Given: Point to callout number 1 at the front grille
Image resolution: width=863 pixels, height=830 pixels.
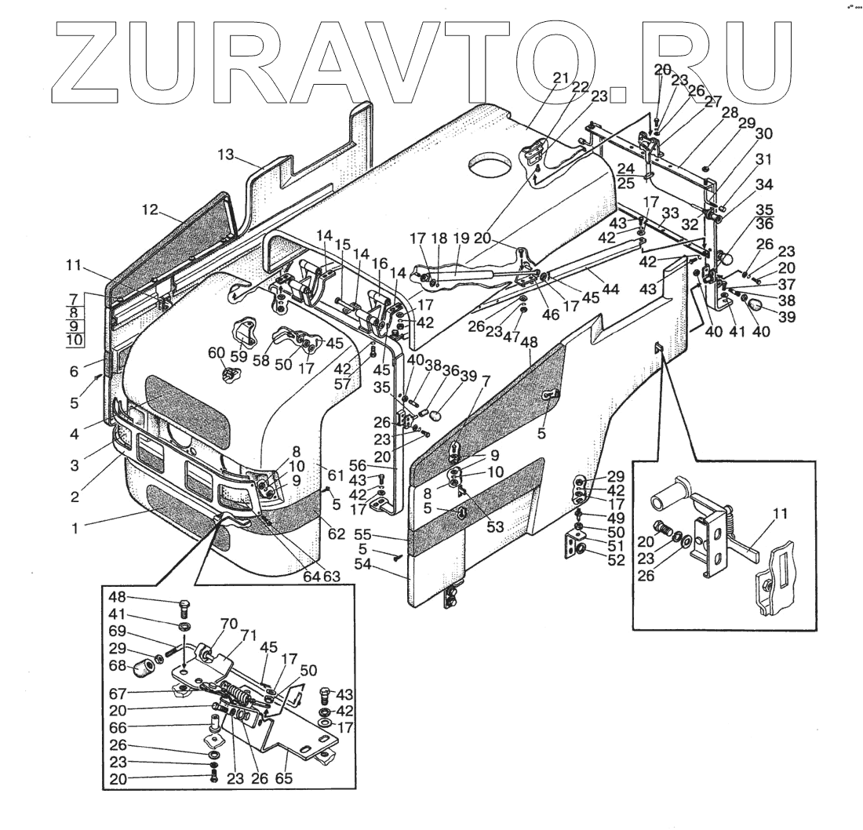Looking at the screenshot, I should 75,529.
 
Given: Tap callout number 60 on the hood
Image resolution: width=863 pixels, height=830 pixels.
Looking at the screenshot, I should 217,353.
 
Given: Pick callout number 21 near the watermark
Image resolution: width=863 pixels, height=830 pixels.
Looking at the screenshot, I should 560,78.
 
